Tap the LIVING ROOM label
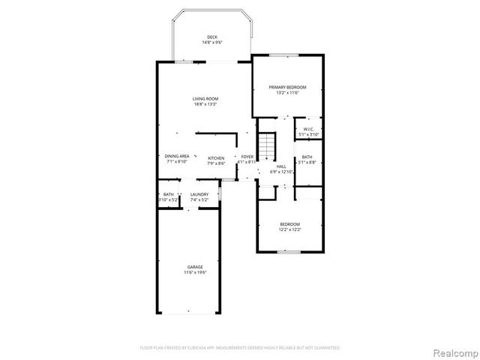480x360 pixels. coord(205,98)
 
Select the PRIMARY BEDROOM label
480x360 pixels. coord(288,87)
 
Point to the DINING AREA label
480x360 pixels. coord(177,156)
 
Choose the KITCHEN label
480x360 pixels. coord(216,158)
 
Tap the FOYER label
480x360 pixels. coord(247,156)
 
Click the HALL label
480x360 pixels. coord(281,166)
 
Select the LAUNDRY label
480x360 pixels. coord(199,195)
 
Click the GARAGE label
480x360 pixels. coord(195,266)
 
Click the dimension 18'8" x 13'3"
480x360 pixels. coord(205,104)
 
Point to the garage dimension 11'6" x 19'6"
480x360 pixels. coord(195,272)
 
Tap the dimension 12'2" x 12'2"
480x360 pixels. coord(289,229)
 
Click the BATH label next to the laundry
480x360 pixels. coord(169,195)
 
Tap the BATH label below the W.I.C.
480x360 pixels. coord(307,157)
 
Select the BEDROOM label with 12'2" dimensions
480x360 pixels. coord(289,224)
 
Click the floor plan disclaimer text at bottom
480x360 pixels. coord(240,348)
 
